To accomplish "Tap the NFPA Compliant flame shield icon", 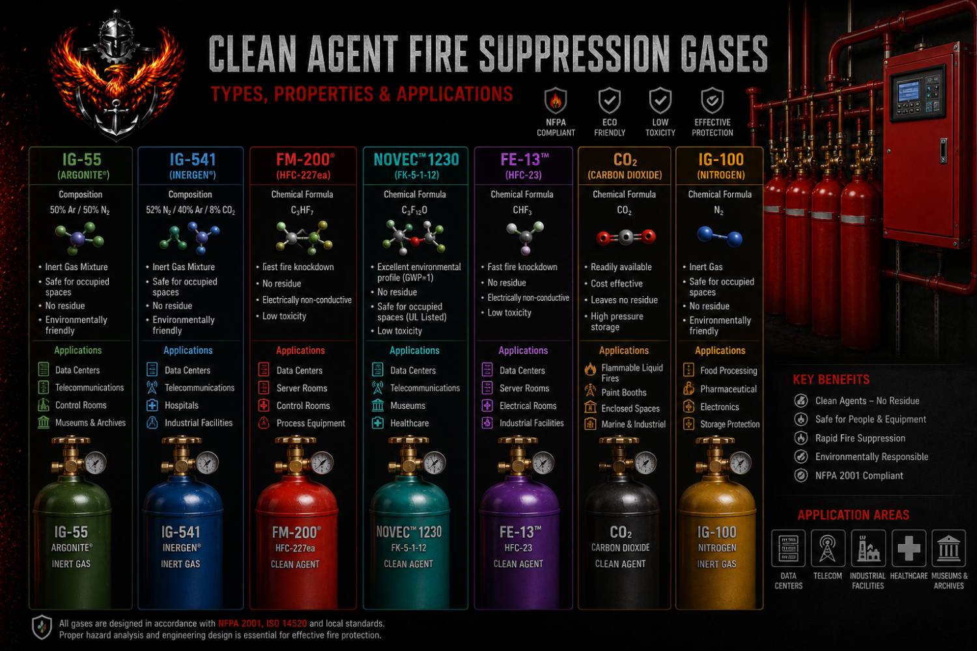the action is tap(556, 101).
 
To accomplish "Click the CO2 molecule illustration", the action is tap(626, 237).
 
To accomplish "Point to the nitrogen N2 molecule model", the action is tap(720, 236).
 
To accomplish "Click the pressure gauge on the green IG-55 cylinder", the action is tap(96, 463).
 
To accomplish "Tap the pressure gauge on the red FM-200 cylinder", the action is tap(322, 463).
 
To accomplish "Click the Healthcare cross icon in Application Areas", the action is tap(909, 548).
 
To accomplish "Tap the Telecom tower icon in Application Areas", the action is tap(827, 548).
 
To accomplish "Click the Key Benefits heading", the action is tap(831, 380).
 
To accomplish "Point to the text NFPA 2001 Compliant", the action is tap(859, 476).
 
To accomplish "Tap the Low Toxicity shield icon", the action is tap(660, 101).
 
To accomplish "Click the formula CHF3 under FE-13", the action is tap(522, 210).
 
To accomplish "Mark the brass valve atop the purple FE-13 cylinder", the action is tap(517, 458).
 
